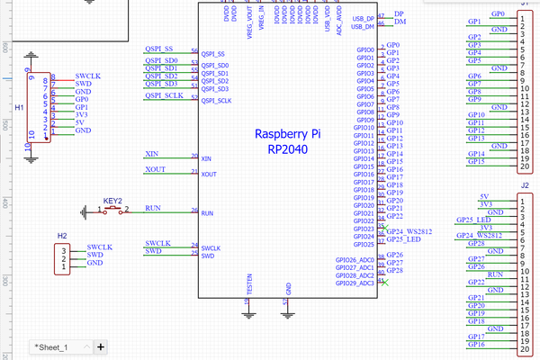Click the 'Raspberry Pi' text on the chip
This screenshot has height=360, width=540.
[x=289, y=134]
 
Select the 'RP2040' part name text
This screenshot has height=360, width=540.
[x=289, y=149]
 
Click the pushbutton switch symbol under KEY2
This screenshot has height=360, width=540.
[x=113, y=211]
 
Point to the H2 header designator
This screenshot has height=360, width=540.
[x=62, y=236]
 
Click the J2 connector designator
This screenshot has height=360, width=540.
[x=524, y=185]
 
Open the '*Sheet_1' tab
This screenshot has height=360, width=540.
[x=51, y=346]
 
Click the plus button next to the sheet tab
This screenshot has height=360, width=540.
[x=101, y=346]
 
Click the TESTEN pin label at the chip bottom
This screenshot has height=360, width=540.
[x=249, y=283]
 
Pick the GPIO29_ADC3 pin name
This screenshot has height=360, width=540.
[x=354, y=283]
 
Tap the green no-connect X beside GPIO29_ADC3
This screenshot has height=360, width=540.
[x=383, y=282]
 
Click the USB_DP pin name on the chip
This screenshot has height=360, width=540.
[x=364, y=18]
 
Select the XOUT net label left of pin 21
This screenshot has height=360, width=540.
[x=155, y=169]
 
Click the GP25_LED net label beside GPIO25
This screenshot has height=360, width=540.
[x=403, y=239]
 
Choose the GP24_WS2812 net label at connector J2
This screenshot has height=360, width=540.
[x=478, y=236]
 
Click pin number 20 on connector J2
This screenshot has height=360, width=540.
[x=524, y=349]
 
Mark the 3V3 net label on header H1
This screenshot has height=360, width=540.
[x=82, y=114]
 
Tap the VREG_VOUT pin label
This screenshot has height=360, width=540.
[x=249, y=20]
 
